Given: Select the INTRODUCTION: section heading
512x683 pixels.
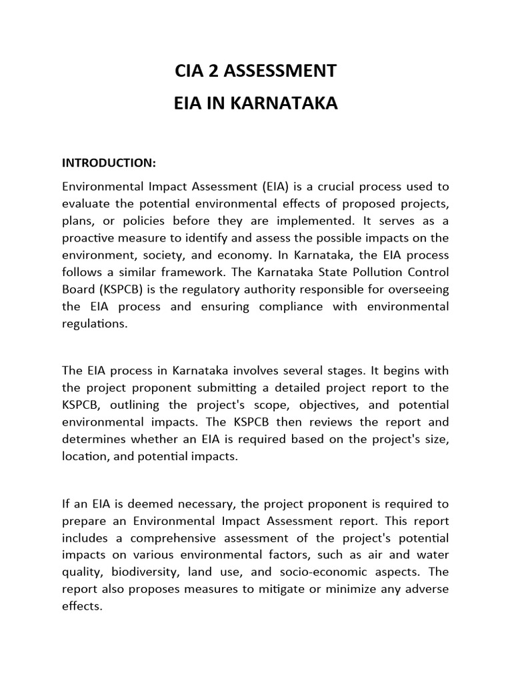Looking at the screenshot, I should coord(109,163).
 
